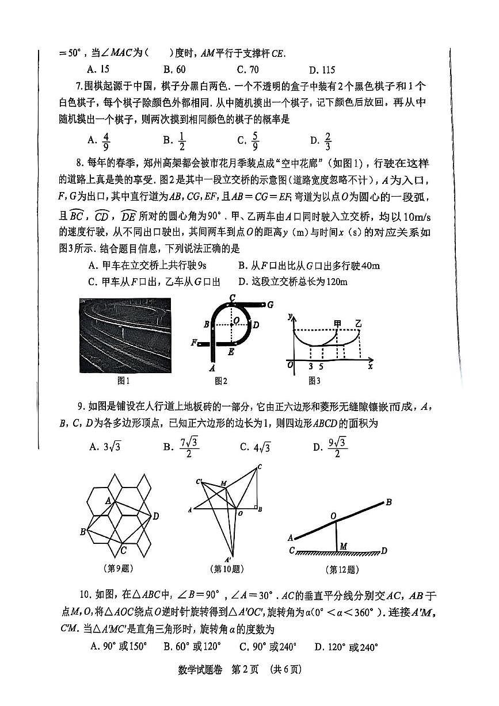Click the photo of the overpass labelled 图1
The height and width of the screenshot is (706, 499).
click(125, 335)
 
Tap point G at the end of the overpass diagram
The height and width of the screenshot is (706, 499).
click(269, 304)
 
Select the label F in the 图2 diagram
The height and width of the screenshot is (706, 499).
click(195, 343)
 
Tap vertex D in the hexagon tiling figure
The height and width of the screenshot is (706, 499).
click(156, 516)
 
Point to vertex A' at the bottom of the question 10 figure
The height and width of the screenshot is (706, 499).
click(227, 559)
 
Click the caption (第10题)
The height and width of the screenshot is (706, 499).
click(227, 569)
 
